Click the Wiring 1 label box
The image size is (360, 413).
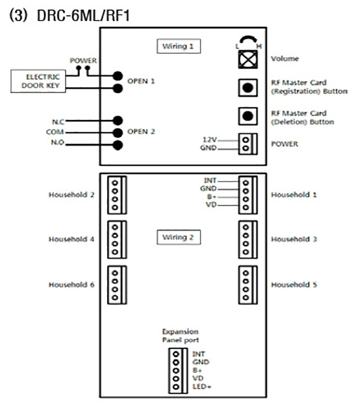pyautogui.click(x=179, y=46)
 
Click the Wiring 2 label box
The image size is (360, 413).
pyautogui.click(x=179, y=237)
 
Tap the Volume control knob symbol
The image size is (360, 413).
pyautogui.click(x=248, y=59)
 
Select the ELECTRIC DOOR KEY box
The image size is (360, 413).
pyautogui.click(x=38, y=81)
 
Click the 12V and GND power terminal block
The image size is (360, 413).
pyautogui.click(x=248, y=144)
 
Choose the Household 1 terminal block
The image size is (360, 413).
pyautogui.click(x=248, y=195)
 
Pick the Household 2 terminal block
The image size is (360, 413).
pyautogui.click(x=117, y=195)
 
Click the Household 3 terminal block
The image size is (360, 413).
pyautogui.click(x=248, y=239)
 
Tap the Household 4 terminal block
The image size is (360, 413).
pyautogui.click(x=117, y=239)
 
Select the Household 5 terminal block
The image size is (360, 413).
pyautogui.click(x=248, y=285)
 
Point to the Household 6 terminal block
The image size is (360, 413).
pyautogui.click(x=117, y=285)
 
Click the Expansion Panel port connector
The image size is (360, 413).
pyautogui.click(x=178, y=371)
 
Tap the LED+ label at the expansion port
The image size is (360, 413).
pyautogui.click(x=202, y=387)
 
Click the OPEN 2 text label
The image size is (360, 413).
pyautogui.click(x=141, y=131)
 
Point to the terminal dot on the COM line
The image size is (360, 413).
pyautogui.click(x=117, y=133)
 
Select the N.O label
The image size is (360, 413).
pyautogui.click(x=57, y=142)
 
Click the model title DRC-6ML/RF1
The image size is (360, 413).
pyautogui.click(x=84, y=15)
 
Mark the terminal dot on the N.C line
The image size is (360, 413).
pyautogui.click(x=117, y=121)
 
